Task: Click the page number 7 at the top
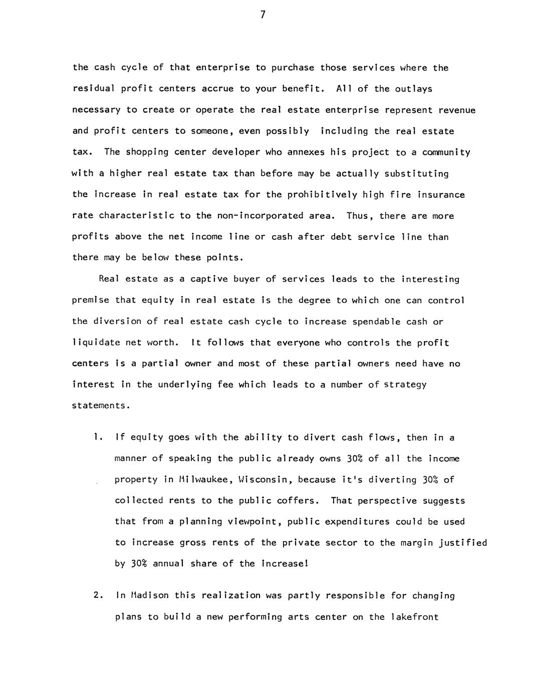(262, 15)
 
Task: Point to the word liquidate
(96, 343)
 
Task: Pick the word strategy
(406, 385)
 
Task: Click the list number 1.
(96, 438)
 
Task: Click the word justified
(464, 543)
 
